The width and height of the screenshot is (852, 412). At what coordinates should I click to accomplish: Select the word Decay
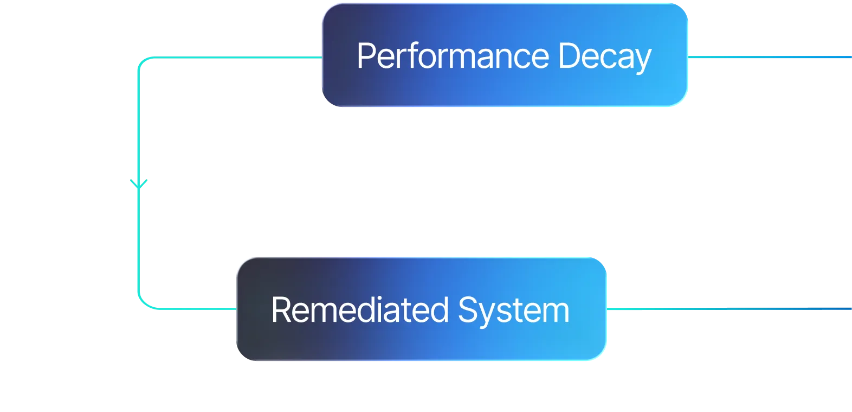(x=604, y=56)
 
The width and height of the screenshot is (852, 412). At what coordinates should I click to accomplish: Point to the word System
(x=513, y=310)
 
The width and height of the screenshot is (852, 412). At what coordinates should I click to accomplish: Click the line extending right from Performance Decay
(x=770, y=56)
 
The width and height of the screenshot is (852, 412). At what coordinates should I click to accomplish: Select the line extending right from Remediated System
(x=729, y=308)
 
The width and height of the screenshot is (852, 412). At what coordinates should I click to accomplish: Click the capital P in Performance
(x=366, y=56)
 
